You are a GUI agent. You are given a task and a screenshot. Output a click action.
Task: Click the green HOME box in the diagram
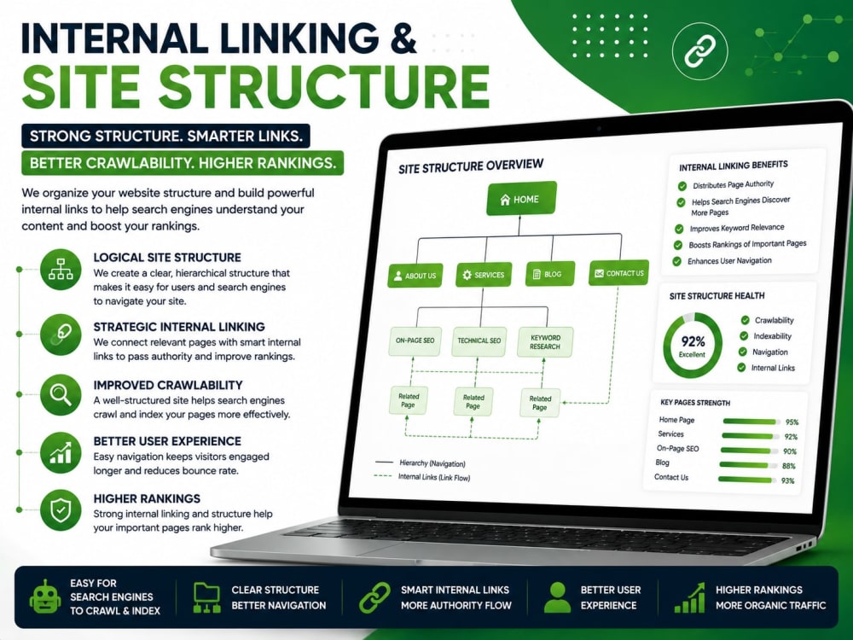tap(521, 199)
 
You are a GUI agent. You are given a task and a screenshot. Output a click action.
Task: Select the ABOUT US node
tap(415, 276)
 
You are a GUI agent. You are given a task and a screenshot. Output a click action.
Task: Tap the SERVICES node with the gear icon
tap(483, 275)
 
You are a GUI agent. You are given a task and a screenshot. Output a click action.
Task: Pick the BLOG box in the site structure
tap(550, 274)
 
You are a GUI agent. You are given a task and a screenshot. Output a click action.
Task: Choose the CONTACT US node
tap(618, 273)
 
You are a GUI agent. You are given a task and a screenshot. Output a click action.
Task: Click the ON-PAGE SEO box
tap(415, 340)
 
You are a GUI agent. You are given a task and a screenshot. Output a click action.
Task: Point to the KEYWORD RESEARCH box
tap(544, 342)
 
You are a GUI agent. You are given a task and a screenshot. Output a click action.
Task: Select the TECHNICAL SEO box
tap(479, 341)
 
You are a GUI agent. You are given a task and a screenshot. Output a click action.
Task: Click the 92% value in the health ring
tap(693, 341)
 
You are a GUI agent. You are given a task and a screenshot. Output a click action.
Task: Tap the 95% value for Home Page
tap(792, 422)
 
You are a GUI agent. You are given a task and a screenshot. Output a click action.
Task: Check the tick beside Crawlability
tap(744, 320)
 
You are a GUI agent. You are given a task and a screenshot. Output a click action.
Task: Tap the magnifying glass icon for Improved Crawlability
tap(61, 394)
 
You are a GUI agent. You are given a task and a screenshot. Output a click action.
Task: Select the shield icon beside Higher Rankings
tap(61, 510)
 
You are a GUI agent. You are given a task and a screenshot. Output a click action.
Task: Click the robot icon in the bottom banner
tap(45, 596)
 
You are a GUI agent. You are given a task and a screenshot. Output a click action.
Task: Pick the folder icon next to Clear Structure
tap(206, 597)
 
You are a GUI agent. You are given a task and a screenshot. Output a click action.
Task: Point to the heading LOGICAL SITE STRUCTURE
tap(167, 258)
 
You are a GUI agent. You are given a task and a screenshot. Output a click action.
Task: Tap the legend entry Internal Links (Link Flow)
tap(434, 477)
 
